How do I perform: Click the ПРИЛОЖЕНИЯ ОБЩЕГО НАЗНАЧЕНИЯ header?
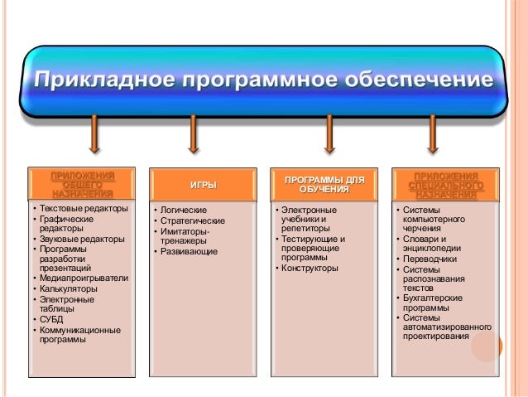[82, 184]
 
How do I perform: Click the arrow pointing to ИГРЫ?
[193, 134]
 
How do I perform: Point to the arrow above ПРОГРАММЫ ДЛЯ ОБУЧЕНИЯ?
[329, 134]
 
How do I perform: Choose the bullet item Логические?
[184, 211]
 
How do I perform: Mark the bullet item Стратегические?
[193, 220]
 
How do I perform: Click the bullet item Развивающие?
[189, 250]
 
